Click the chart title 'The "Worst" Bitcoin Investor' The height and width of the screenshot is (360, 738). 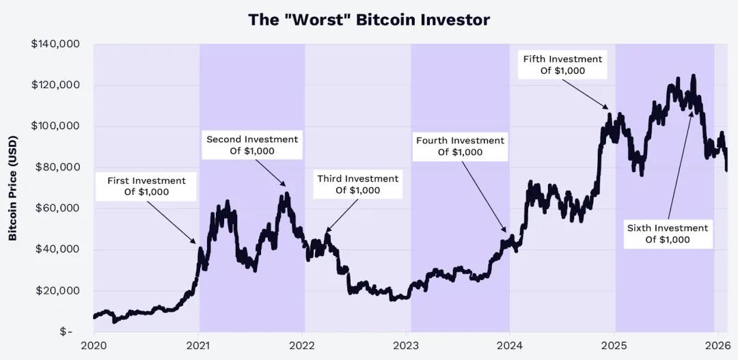(369, 19)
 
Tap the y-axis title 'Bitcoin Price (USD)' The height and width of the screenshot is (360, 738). (12, 188)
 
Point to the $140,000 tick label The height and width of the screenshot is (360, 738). (55, 44)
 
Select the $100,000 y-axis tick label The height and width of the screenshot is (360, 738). (55, 126)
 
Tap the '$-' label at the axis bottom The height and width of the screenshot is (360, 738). (66, 331)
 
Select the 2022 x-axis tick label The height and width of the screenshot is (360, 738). (303, 344)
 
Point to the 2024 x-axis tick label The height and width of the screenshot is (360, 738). (510, 344)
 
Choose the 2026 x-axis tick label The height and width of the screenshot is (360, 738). (717, 344)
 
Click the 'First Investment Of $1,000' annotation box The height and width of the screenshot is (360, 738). (146, 186)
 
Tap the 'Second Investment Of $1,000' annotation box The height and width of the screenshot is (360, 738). (252, 145)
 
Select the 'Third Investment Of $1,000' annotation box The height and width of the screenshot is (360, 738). (357, 184)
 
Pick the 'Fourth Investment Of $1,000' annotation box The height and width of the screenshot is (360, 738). (460, 146)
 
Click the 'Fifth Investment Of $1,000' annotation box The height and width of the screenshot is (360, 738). (562, 65)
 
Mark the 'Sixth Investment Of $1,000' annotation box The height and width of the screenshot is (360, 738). (668, 234)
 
